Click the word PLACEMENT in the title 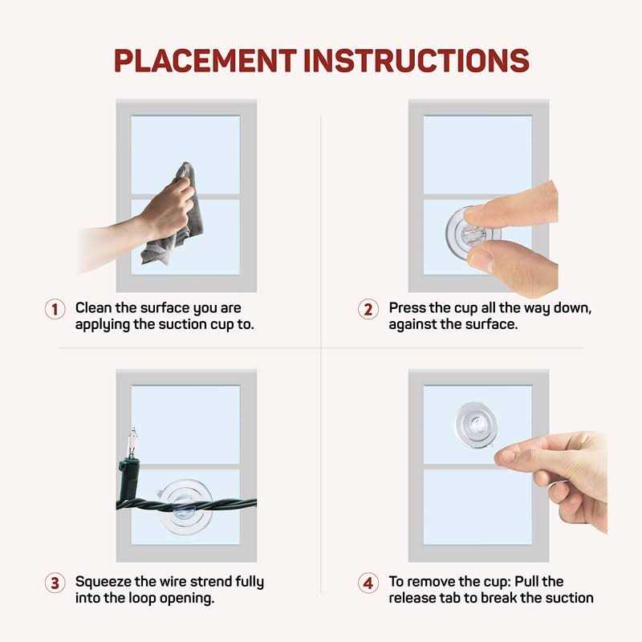point(205,60)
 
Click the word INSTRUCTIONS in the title point(416,60)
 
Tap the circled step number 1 point(55,309)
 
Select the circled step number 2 point(368,309)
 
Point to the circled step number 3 point(55,583)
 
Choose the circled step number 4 point(368,583)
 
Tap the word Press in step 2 point(408,308)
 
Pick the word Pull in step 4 point(526,581)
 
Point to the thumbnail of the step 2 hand point(480,259)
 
